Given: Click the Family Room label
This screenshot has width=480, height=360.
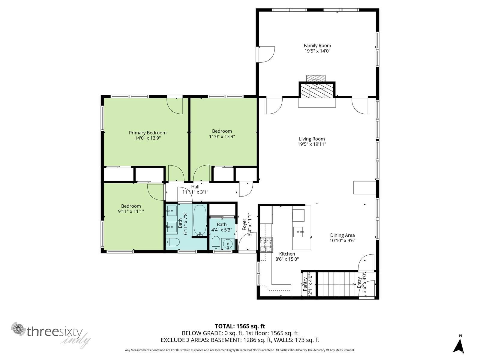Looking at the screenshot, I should (x=317, y=46).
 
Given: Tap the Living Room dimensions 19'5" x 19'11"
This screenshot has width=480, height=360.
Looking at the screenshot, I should (x=312, y=144).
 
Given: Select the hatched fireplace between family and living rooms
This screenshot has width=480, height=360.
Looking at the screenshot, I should (x=317, y=90).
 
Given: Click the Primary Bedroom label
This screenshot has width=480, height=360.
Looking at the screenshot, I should (x=148, y=133).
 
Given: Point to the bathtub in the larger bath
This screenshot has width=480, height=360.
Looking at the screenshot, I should (x=200, y=220).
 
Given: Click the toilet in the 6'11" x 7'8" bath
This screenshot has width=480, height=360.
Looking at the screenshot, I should (x=172, y=242).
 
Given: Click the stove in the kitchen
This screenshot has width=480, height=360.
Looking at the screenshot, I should (x=266, y=244).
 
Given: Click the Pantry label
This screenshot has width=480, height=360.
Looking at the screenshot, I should (x=305, y=284).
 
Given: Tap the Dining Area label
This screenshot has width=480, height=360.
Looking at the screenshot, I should (x=342, y=235).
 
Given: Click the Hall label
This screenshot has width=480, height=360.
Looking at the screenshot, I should (x=195, y=187).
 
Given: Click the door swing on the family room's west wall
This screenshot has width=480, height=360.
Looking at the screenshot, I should (x=267, y=54).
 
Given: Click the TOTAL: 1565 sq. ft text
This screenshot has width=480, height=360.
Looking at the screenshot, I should (x=240, y=326).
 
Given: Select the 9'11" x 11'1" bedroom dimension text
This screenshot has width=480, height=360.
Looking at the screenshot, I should (x=131, y=211).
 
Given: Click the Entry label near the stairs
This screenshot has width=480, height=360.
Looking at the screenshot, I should (x=359, y=283).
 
